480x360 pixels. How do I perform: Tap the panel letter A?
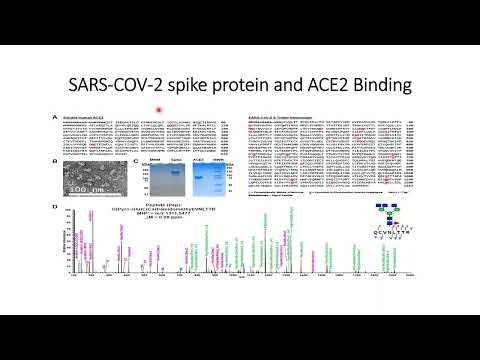pos(56,118)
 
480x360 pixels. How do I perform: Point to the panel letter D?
pos(56,207)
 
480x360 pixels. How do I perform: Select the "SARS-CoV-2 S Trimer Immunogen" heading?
pos(281,118)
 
